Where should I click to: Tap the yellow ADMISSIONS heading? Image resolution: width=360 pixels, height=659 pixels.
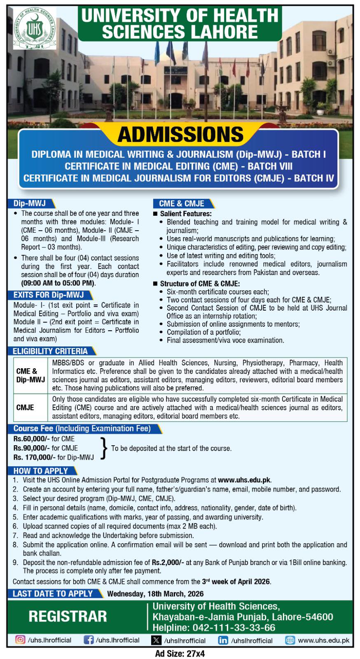click(x=180, y=135)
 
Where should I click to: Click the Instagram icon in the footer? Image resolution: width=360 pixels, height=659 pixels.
click(x=20, y=640)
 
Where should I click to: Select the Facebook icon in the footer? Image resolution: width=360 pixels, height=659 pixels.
click(x=88, y=640)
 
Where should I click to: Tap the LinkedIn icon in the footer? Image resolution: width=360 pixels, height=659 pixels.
click(x=223, y=640)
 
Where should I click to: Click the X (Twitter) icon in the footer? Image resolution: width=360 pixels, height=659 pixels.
click(x=156, y=640)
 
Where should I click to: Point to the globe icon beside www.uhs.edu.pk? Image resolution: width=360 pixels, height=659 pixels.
click(x=290, y=640)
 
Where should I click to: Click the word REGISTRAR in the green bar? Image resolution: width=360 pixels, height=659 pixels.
click(x=68, y=616)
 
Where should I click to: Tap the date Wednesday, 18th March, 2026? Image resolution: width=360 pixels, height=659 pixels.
click(x=155, y=594)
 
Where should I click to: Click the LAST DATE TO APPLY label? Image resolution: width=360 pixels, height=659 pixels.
click(x=53, y=594)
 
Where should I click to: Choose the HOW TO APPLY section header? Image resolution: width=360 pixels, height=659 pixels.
click(x=40, y=471)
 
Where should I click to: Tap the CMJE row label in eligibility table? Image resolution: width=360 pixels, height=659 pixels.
click(x=25, y=407)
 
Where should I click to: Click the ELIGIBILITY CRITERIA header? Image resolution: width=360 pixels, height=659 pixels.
click(x=50, y=351)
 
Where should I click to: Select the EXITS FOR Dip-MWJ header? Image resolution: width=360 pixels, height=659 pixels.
click(x=48, y=295)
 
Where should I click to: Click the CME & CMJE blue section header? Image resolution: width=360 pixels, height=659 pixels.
click(x=181, y=203)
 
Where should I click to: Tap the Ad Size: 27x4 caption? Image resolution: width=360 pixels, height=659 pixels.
click(x=180, y=653)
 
